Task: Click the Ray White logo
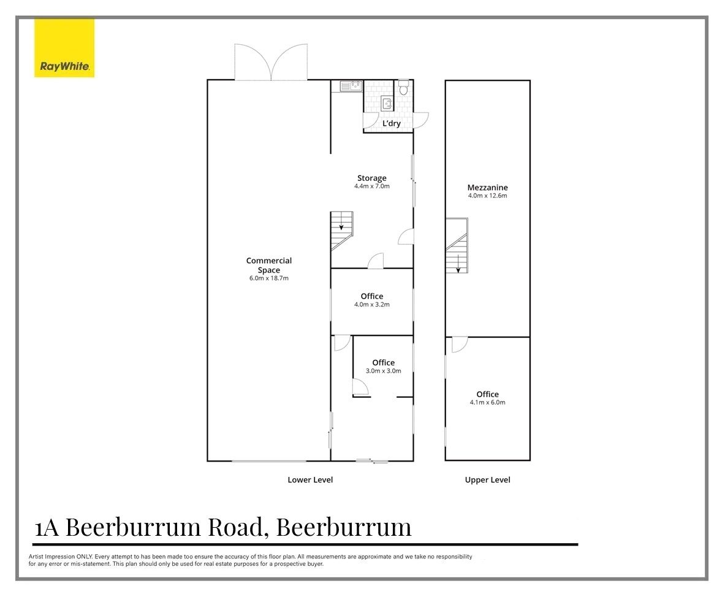pos(64,48)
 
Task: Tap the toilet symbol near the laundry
pos(403,88)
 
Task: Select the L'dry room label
pos(391,123)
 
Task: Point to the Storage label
pos(371,178)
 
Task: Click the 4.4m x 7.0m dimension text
pos(371,186)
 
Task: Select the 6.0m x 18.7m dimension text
pos(268,278)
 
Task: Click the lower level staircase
pos(342,230)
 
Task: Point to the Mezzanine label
pos(487,188)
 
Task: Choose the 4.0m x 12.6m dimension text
pos(487,196)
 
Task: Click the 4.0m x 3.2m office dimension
pos(371,305)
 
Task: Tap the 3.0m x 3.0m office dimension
pos(383,371)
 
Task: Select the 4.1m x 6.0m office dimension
pos(487,403)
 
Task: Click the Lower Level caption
pos(310,480)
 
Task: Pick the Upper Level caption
pos(487,480)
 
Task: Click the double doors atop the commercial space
pos(272,63)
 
